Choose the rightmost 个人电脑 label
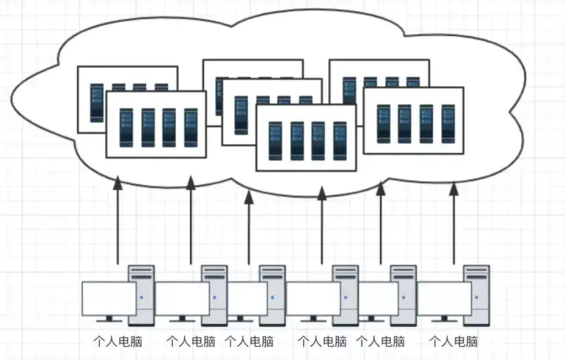454,342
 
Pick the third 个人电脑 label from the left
250,342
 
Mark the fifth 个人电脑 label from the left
381,342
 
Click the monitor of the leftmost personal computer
109,298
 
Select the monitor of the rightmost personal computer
444,298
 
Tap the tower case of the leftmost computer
141,295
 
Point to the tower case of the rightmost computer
476,295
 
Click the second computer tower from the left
214,295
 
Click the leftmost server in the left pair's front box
126,127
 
